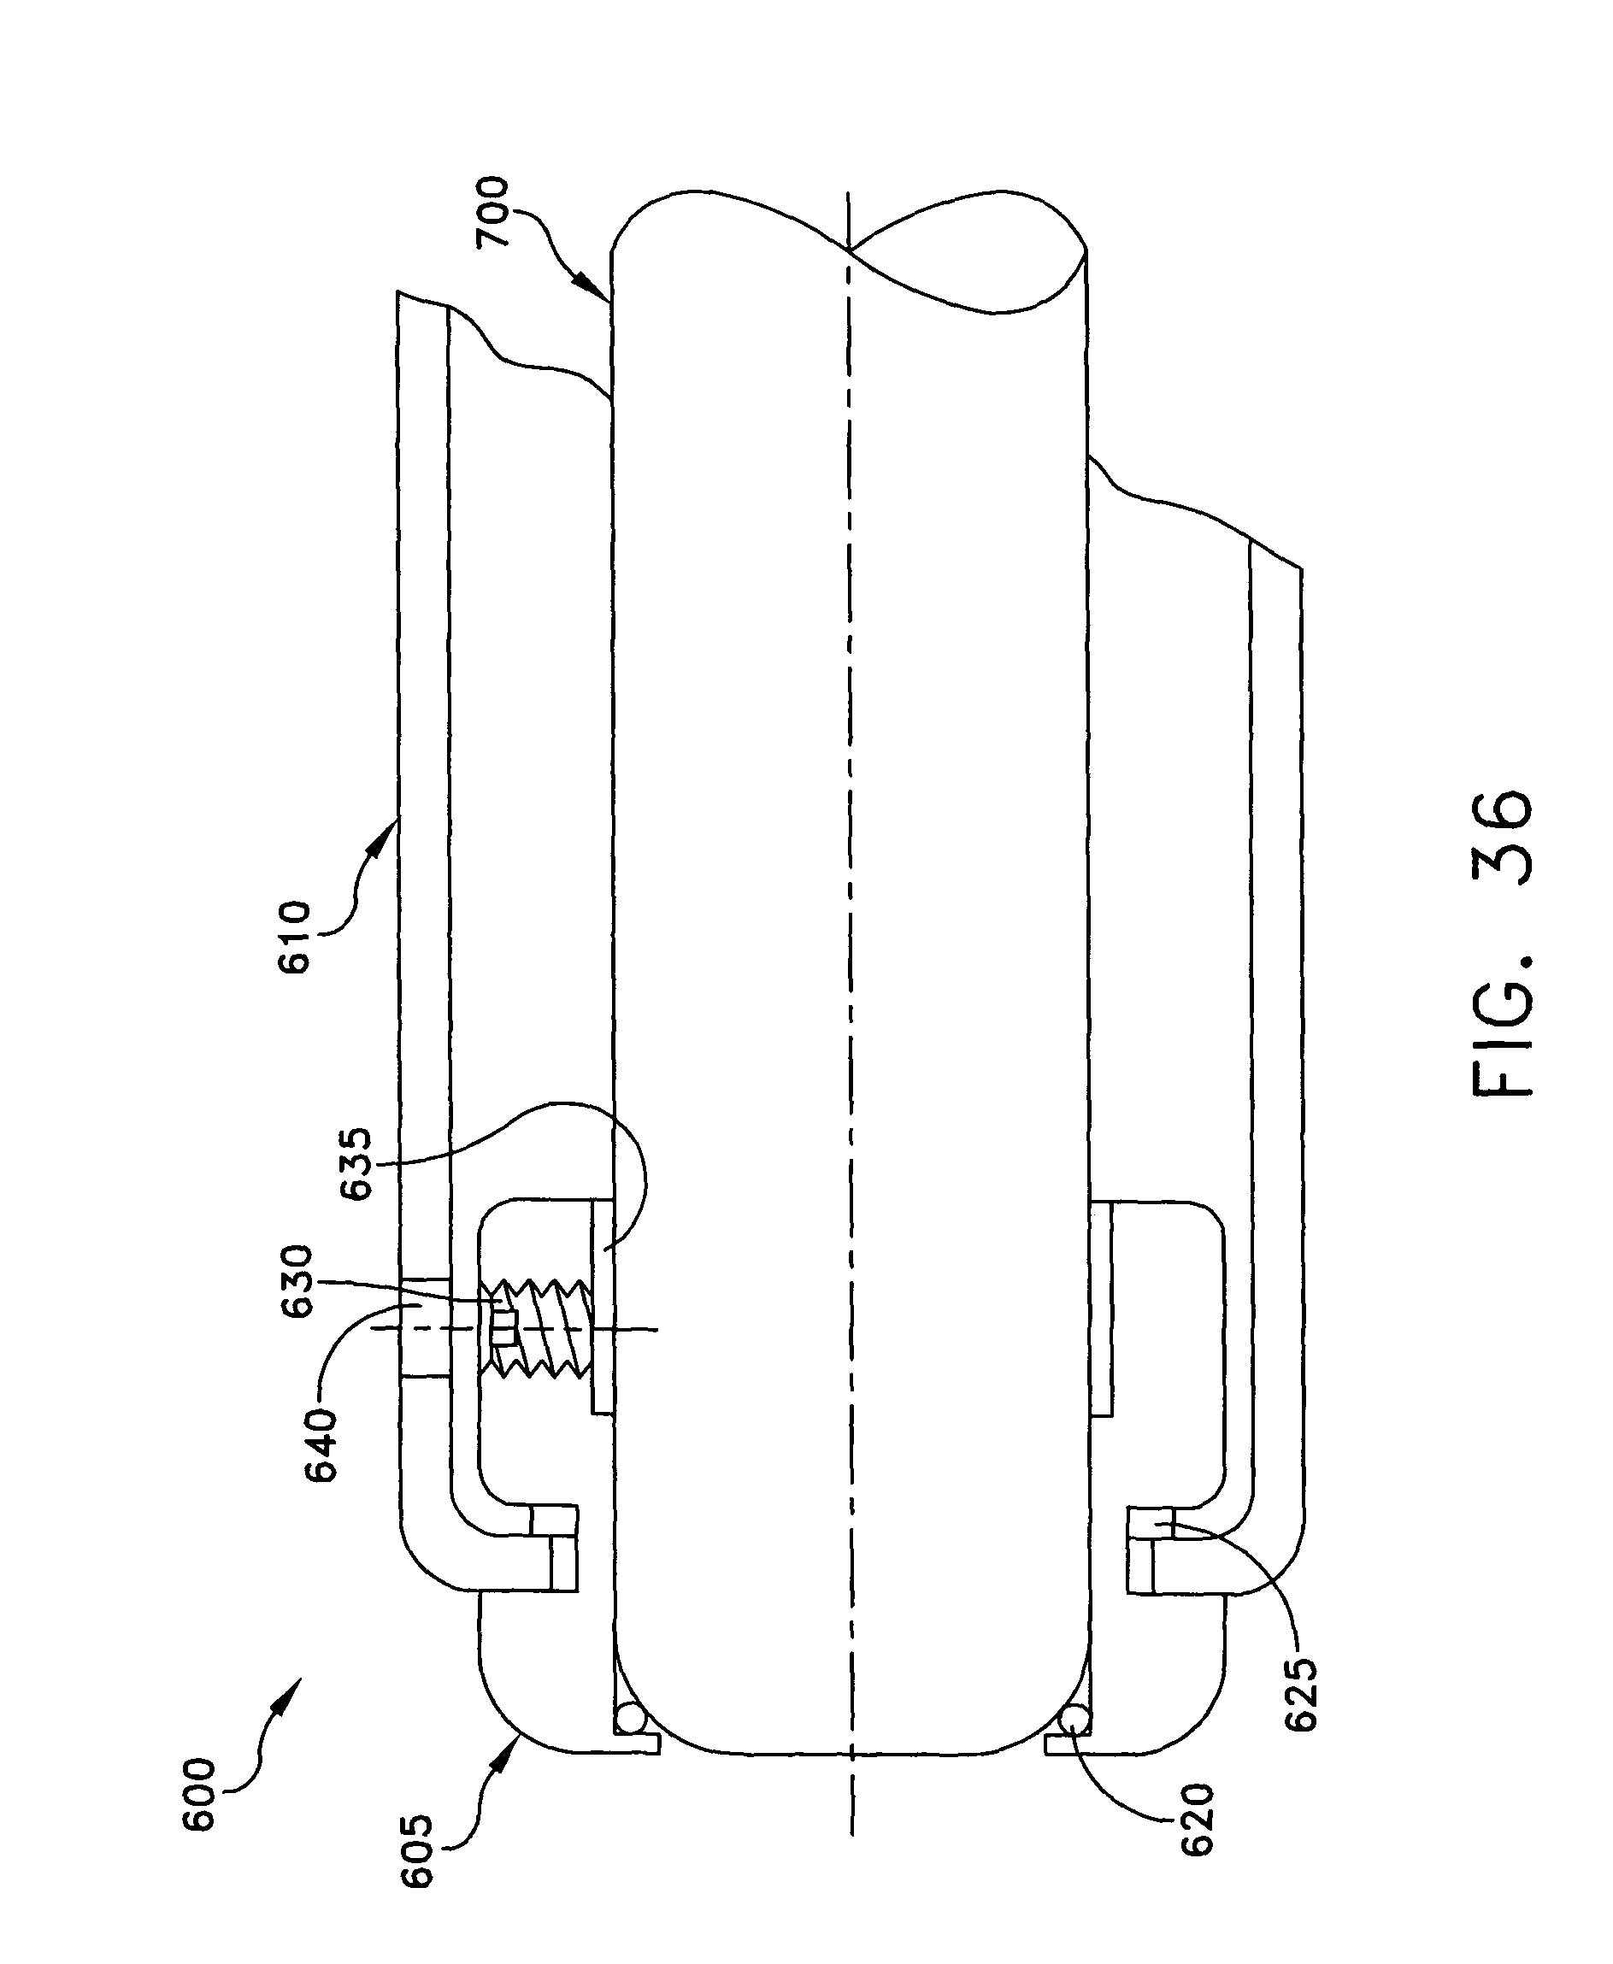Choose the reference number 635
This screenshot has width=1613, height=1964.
pos(356,1163)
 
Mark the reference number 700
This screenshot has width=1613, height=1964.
pos(493,213)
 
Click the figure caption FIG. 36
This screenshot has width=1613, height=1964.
pos(1504,944)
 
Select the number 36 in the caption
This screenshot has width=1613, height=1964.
pos(1504,836)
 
